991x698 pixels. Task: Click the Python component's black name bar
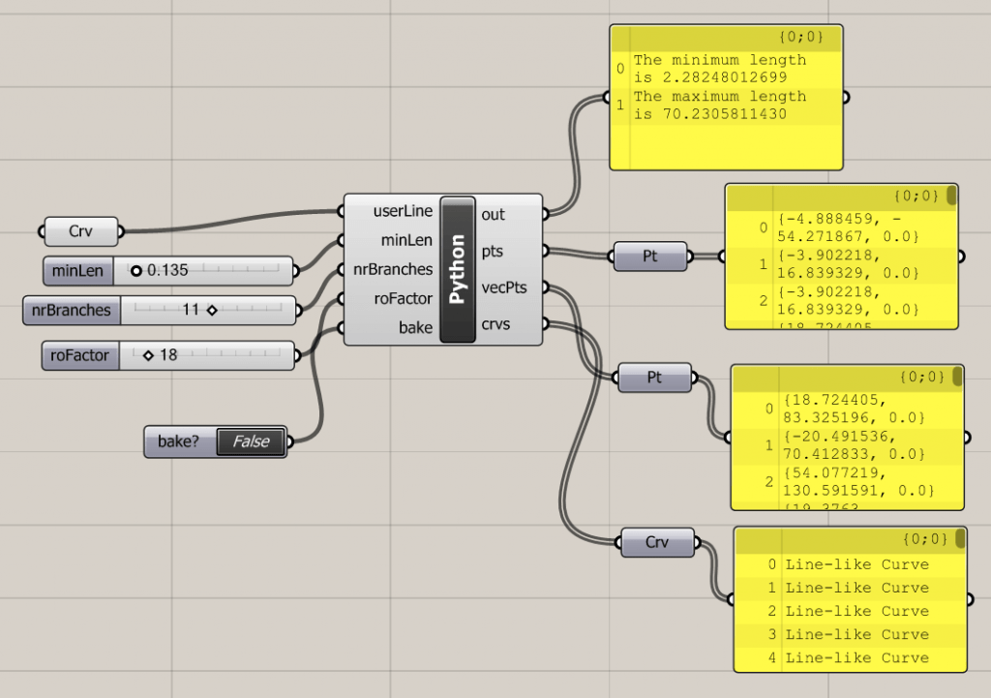point(458,269)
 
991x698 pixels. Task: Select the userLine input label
point(402,211)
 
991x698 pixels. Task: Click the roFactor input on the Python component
point(403,298)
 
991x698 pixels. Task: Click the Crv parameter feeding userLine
point(81,231)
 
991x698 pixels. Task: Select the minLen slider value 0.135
point(165,271)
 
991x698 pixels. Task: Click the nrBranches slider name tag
point(68,310)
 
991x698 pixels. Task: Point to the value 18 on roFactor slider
point(168,355)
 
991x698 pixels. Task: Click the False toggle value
point(251,441)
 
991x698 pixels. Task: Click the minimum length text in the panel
point(719,69)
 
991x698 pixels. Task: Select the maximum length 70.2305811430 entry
point(719,105)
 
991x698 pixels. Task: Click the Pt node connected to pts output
point(650,257)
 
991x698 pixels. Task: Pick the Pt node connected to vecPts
point(655,378)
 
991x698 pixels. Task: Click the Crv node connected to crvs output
point(657,542)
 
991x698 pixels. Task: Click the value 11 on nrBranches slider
point(190,310)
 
